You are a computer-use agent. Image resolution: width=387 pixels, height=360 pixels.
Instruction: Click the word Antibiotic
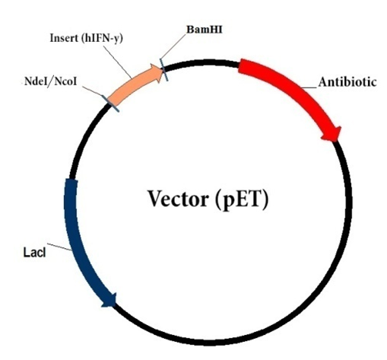pyautogui.click(x=347, y=82)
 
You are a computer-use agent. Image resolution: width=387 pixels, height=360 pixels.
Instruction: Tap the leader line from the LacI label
pyautogui.click(x=61, y=248)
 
